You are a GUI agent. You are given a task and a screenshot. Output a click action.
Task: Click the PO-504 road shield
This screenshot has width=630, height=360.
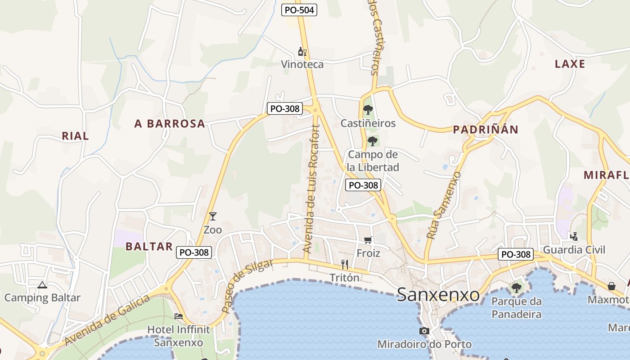click(299, 10)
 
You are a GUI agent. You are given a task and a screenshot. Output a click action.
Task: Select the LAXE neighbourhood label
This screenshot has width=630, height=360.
click(570, 64)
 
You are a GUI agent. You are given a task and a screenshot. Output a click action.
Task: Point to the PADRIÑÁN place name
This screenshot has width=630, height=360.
click(486, 130)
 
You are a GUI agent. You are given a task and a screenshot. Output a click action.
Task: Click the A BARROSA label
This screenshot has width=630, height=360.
click(170, 124)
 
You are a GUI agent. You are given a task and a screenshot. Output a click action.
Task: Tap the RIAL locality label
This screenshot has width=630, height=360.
click(75, 136)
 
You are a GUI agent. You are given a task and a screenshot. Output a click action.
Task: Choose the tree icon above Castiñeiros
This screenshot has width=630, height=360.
click(368, 109)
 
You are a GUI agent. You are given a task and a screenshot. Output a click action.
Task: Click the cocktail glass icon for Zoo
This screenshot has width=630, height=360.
click(213, 216)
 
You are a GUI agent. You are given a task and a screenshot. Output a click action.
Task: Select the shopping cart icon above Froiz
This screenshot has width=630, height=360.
click(368, 240)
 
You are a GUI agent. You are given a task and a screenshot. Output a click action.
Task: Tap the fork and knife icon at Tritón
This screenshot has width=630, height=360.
click(345, 265)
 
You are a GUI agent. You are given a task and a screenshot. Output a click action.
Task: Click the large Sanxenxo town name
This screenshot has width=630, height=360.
click(438, 295)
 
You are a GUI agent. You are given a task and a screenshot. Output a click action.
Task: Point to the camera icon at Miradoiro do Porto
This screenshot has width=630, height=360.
click(424, 331)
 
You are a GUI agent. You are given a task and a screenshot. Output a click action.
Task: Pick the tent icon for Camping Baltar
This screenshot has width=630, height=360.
click(42, 284)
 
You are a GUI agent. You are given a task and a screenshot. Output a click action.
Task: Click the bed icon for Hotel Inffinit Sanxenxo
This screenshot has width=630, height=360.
click(179, 316)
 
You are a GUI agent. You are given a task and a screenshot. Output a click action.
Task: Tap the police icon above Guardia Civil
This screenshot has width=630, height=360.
click(574, 236)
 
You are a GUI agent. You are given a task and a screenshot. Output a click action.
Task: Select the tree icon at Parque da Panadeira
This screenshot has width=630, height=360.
click(516, 288)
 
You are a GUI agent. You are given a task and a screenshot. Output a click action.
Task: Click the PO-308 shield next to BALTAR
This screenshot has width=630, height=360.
click(193, 252)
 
